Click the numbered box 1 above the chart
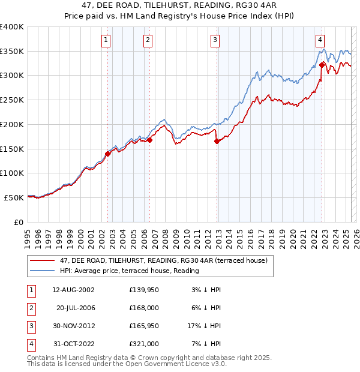(106, 40)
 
